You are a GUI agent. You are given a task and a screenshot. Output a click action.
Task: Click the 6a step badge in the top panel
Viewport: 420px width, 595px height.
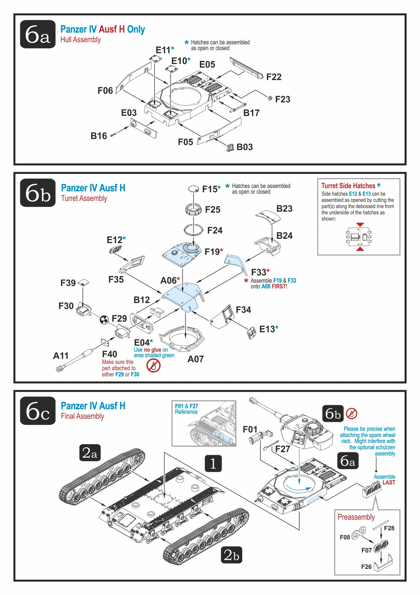click(38, 34)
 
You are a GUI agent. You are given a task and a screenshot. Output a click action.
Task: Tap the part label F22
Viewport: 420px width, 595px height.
click(274, 77)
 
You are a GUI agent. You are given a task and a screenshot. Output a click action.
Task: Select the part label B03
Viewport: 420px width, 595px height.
click(245, 147)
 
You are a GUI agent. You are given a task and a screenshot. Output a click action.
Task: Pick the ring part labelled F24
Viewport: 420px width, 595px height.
click(194, 230)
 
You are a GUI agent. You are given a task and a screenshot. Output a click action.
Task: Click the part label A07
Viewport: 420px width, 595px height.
click(196, 359)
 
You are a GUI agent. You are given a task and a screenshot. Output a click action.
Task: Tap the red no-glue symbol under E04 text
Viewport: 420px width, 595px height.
click(153, 366)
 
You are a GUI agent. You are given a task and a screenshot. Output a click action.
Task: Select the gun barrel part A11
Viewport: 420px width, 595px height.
click(75, 358)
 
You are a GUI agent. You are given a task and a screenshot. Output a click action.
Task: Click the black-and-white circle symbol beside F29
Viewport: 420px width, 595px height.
click(104, 319)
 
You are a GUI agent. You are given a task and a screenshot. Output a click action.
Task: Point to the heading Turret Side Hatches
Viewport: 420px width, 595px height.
click(348, 186)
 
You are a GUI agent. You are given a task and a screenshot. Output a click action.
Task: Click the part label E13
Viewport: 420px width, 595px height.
click(267, 329)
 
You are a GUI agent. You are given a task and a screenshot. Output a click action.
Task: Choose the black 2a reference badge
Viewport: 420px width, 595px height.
click(90, 453)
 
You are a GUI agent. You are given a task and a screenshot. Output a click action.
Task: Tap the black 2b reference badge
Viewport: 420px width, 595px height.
click(231, 555)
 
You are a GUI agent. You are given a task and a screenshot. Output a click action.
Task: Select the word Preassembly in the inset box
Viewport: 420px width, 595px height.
click(356, 517)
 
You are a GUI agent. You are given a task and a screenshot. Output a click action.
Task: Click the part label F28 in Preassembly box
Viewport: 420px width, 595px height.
click(389, 528)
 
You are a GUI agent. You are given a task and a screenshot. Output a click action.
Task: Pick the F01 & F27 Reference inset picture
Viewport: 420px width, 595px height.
click(204, 424)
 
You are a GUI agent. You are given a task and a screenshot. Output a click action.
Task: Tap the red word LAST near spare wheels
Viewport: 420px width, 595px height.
click(389, 482)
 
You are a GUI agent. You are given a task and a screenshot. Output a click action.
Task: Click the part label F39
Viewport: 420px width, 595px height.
click(68, 283)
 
